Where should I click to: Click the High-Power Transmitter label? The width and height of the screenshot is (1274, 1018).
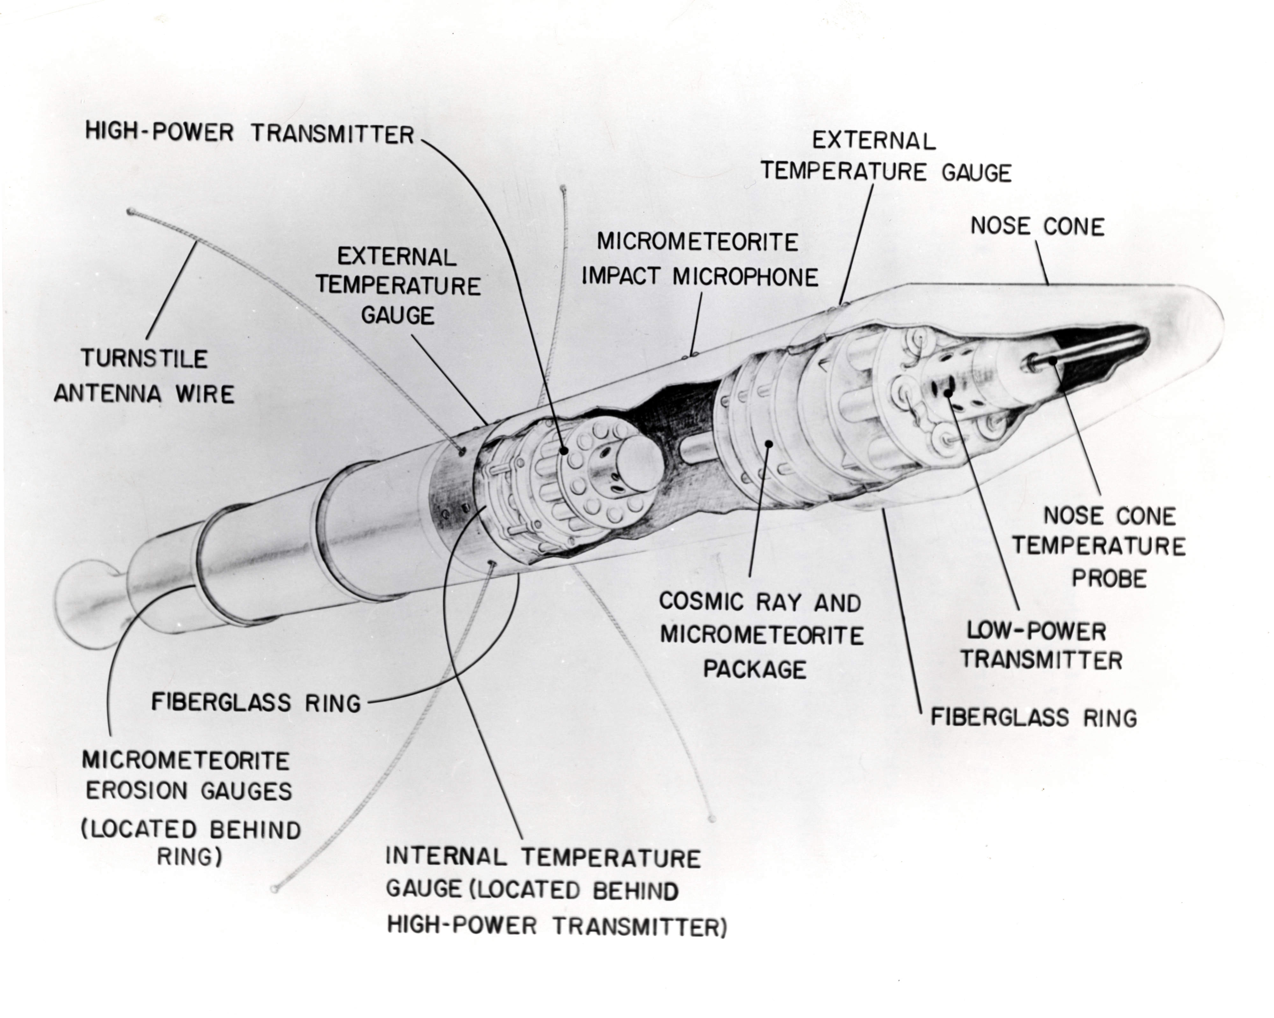[x=249, y=133]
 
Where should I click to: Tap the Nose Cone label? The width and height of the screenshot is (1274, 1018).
[x=1037, y=226]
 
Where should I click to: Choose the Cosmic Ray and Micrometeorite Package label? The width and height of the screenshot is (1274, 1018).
[x=761, y=635]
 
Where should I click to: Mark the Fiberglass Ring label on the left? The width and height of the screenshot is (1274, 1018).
[x=256, y=703]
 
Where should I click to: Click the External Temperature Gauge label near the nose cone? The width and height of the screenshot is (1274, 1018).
[x=885, y=157]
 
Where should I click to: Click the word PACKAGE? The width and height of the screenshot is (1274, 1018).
[x=755, y=669]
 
